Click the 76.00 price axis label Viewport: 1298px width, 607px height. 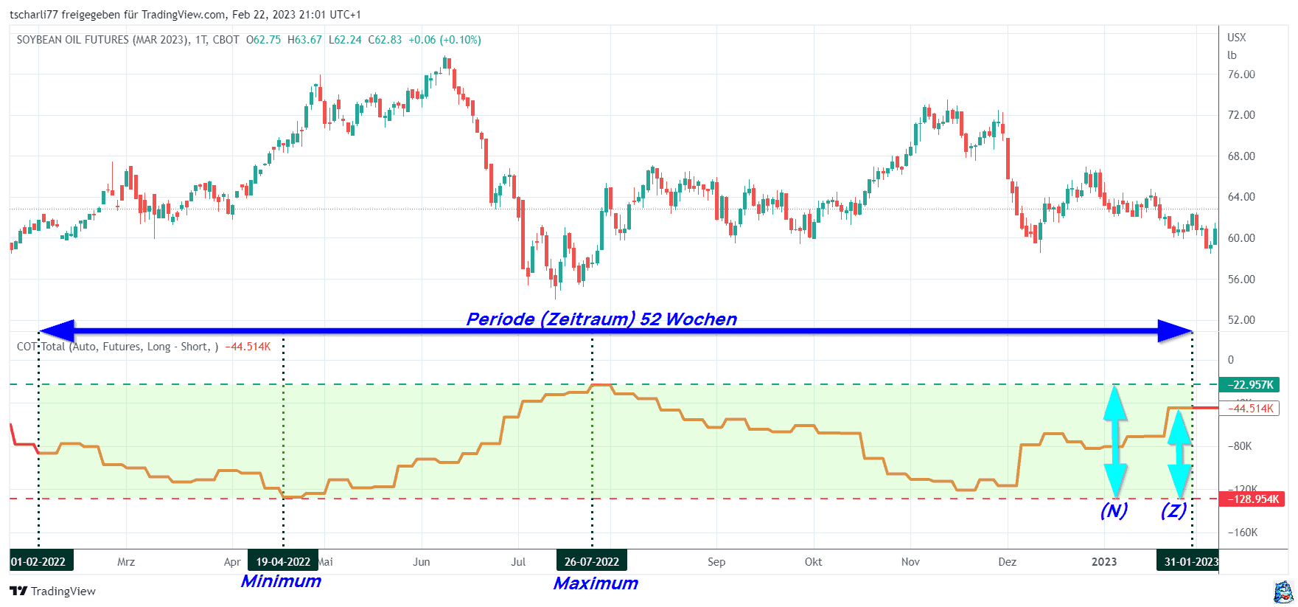coord(1241,74)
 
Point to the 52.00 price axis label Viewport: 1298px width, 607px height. coord(1241,320)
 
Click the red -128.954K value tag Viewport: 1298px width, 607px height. coord(1252,499)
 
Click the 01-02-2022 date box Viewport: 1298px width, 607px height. coord(39,562)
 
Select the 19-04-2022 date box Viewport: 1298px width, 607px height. coord(283,562)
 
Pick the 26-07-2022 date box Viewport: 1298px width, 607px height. coord(592,562)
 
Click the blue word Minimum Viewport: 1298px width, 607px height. coord(281,581)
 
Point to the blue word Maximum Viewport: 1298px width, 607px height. coord(596,583)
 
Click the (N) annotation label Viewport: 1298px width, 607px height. coord(1114,510)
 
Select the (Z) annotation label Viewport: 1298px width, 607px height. coord(1173,510)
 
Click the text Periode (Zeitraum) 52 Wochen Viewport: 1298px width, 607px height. coord(601,319)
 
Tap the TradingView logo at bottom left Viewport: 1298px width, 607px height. coord(53,591)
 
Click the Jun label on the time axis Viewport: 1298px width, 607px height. coord(422,562)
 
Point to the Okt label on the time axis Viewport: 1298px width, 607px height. coord(813,562)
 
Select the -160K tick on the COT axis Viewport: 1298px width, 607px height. coord(1242,533)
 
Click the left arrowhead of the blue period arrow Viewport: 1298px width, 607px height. coord(56,331)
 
